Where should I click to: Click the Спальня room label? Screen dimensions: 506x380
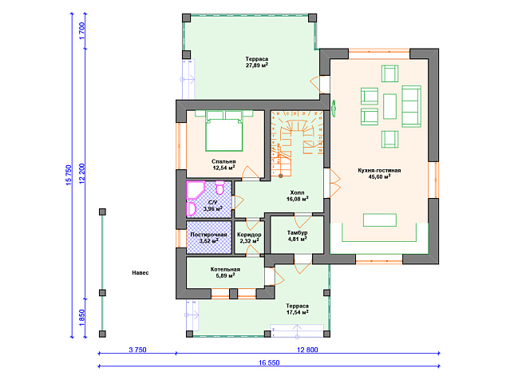click(223, 161)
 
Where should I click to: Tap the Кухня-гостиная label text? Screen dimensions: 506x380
click(379, 171)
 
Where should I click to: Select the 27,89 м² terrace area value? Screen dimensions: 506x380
click(257, 65)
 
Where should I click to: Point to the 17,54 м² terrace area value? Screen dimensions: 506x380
click(297, 312)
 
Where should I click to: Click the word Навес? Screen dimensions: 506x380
click(140, 273)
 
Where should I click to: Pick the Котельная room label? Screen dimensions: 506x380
click(225, 269)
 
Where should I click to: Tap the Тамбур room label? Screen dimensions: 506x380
click(297, 233)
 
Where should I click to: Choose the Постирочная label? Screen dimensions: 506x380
click(209, 235)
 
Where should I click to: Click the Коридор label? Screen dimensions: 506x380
click(249, 235)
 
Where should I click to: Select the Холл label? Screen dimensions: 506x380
click(297, 192)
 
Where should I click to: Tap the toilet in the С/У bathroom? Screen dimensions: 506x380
click(220, 188)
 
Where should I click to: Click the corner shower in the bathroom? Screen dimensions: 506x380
click(196, 190)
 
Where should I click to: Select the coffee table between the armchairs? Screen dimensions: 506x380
click(389, 106)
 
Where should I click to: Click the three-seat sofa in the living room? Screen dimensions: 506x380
click(412, 106)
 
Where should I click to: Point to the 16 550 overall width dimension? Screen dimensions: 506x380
click(269, 362)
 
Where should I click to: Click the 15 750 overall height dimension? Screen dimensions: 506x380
click(69, 175)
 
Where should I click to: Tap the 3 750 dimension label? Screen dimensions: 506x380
click(137, 350)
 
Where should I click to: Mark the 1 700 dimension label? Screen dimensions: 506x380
click(81, 30)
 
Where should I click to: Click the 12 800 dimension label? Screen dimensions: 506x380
click(307, 350)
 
